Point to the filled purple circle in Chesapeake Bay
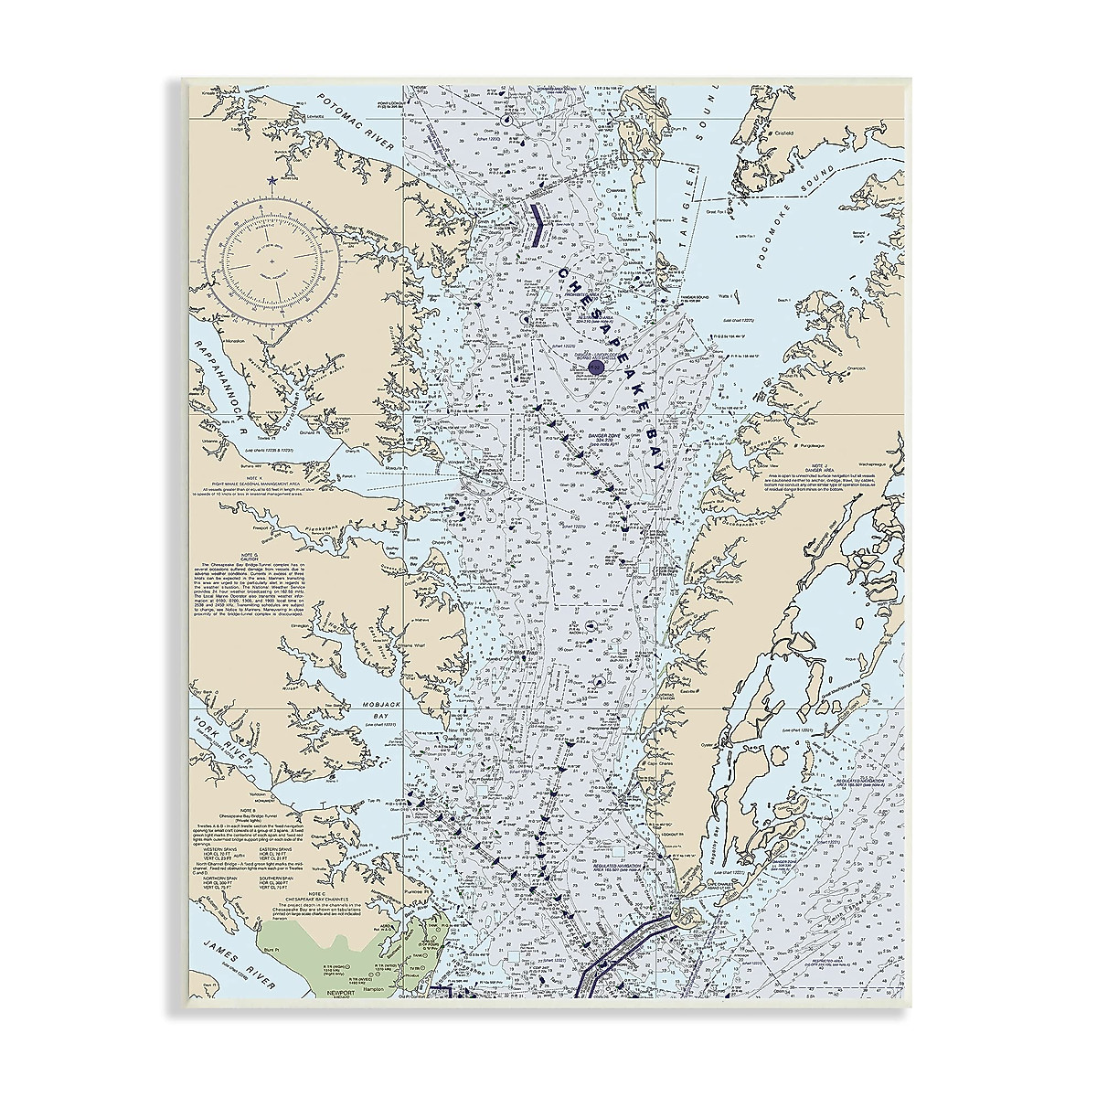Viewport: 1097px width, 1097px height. [595, 368]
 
